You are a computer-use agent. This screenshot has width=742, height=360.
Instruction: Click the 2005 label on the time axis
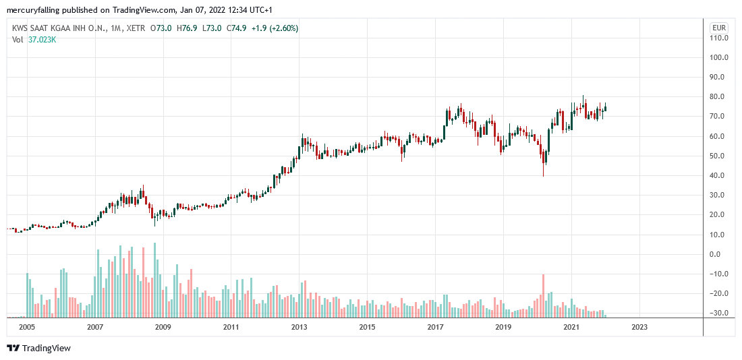click(27, 327)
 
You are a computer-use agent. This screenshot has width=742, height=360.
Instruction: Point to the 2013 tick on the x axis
click(299, 327)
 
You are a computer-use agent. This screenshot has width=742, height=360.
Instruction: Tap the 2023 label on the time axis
click(639, 327)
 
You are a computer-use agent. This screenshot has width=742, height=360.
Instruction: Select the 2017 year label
click(435, 327)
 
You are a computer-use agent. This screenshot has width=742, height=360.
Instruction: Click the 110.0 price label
click(718, 38)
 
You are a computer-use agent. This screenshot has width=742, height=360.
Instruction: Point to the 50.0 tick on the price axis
click(718, 156)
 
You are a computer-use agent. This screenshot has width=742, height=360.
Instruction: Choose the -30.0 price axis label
click(718, 313)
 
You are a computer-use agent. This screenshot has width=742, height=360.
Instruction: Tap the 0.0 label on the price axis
click(718, 254)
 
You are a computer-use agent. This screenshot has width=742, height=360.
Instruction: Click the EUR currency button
click(719, 28)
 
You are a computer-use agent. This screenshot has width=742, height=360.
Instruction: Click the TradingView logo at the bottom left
click(38, 348)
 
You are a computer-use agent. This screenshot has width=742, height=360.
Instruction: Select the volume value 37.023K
click(42, 39)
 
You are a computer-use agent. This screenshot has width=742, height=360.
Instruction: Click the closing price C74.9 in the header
click(235, 28)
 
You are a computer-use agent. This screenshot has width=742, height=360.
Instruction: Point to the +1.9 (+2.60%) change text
click(275, 28)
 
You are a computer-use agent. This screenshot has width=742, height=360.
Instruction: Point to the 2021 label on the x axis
click(571, 327)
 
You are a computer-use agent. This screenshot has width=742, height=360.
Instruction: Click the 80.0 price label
click(718, 97)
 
